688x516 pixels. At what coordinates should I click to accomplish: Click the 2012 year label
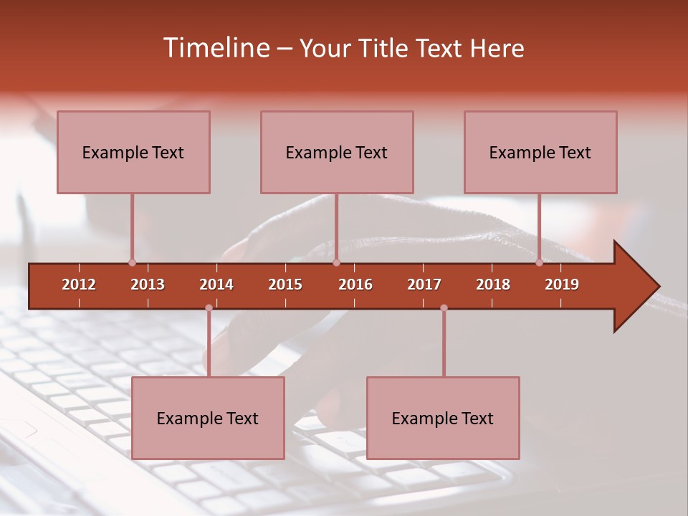[79, 285]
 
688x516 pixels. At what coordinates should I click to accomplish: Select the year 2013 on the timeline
[148, 285]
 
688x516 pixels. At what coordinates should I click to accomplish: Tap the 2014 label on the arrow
[216, 285]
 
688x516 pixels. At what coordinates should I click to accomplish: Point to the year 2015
[285, 285]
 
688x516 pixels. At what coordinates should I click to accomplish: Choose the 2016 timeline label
[355, 285]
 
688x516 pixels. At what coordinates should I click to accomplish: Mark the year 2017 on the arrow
[424, 285]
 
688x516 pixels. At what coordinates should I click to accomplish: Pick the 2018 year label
[493, 285]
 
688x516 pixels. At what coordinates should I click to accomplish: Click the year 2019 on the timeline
[562, 285]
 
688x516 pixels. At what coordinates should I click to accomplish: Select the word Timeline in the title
[217, 48]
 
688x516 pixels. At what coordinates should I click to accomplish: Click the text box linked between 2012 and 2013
[133, 152]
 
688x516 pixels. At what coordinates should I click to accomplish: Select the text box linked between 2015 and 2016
[337, 152]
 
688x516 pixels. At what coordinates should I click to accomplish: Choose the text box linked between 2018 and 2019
[540, 152]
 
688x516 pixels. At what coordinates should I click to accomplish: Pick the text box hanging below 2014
[208, 418]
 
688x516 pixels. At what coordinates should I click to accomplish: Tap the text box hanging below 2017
[443, 418]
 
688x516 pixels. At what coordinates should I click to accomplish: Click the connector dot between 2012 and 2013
[132, 262]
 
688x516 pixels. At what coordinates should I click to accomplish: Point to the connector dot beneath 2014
[209, 307]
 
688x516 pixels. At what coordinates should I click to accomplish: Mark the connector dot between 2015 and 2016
[336, 262]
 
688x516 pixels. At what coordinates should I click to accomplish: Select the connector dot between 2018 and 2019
[539, 262]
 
